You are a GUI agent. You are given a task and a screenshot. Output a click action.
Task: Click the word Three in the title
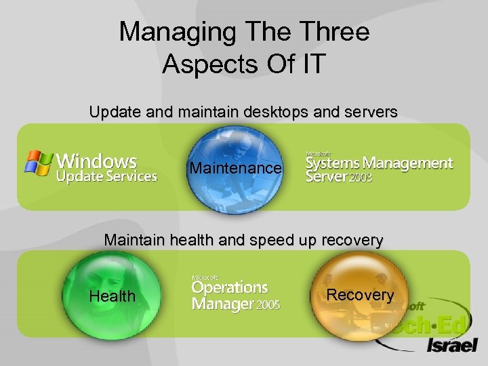tap(333, 32)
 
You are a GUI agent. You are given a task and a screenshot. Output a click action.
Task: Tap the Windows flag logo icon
tap(39, 163)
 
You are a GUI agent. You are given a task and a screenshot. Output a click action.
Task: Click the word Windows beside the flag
tap(97, 161)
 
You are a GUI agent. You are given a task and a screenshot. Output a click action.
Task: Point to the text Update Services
tap(107, 178)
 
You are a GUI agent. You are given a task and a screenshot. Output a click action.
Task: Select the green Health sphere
tap(113, 296)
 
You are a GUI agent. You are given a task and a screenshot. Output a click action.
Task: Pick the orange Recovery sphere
tap(360, 295)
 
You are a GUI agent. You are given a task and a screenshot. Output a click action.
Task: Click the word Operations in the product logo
tap(230, 289)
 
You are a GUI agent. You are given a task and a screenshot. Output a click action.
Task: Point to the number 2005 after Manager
tap(268, 306)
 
